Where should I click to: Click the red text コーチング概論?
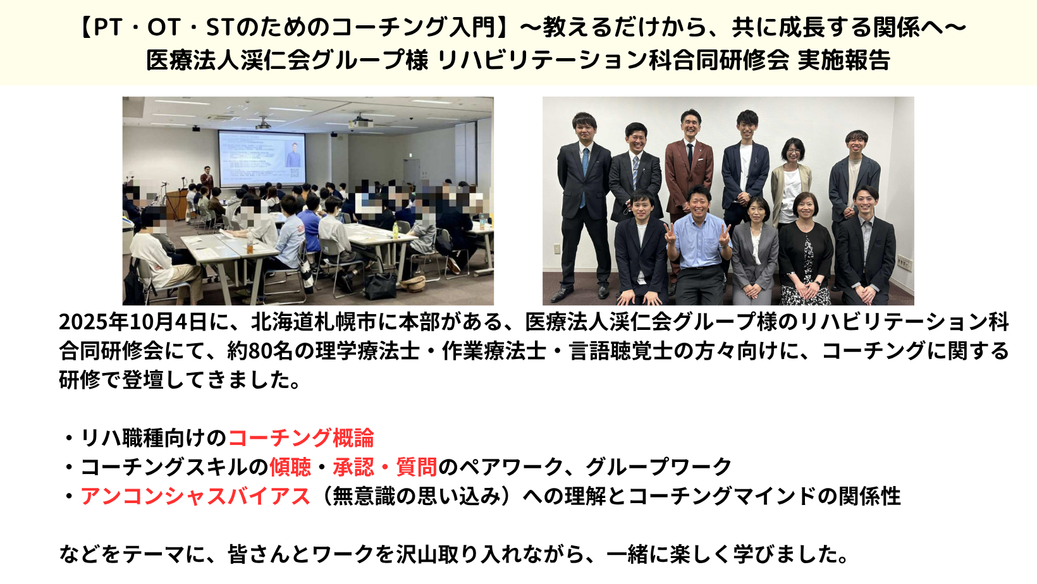click(x=301, y=438)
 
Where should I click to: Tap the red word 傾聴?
click(x=290, y=467)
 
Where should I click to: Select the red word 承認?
click(x=353, y=467)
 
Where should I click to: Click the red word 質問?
click(x=417, y=467)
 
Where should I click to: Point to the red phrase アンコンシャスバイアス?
click(x=195, y=496)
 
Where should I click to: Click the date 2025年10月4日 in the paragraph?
click(x=133, y=322)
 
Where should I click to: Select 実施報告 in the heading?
click(x=844, y=60)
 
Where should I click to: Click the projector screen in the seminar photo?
click(x=262, y=159)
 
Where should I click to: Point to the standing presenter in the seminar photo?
click(x=207, y=179)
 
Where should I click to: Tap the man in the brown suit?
click(x=689, y=171)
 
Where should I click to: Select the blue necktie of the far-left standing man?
click(x=585, y=176)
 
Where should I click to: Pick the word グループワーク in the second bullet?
click(x=658, y=467)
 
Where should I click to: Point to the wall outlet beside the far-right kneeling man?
click(x=904, y=263)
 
